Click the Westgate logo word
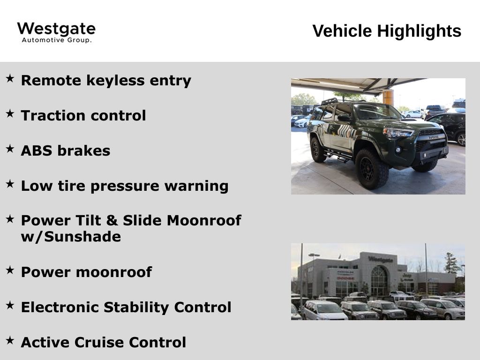tap(56, 29)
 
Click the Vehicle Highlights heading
tap(387, 31)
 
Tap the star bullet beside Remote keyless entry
tap(10, 78)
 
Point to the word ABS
tap(37, 150)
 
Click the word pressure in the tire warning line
tap(125, 187)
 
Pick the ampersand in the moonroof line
tap(112, 220)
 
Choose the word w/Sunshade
tap(71, 237)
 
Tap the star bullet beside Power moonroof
tap(10, 270)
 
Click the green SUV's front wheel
tap(371, 169)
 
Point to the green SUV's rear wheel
tap(317, 150)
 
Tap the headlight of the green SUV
tap(398, 133)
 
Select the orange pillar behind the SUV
tap(388, 97)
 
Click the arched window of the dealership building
tap(379, 281)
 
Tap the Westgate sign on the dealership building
tap(381, 260)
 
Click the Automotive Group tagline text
tap(57, 40)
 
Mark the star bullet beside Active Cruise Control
tap(10, 340)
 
